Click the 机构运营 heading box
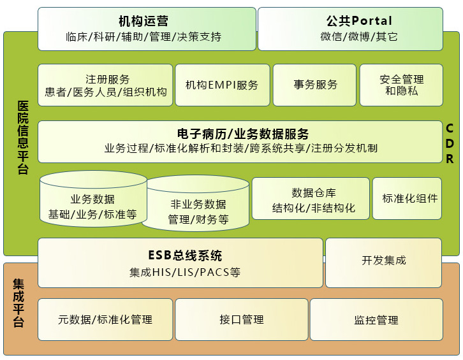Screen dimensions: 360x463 point(146,29)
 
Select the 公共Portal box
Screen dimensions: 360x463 point(350,29)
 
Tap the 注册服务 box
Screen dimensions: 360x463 point(105,85)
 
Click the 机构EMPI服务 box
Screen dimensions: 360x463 point(222,85)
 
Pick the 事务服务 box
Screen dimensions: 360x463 point(315,85)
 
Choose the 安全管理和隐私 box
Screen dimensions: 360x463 point(401,85)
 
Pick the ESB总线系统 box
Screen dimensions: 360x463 point(181,263)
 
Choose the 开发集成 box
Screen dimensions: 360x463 point(383,261)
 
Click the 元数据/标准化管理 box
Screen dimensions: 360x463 point(105,319)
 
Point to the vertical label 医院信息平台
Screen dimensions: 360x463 point(22,138)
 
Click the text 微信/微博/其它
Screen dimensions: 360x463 point(350,37)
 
